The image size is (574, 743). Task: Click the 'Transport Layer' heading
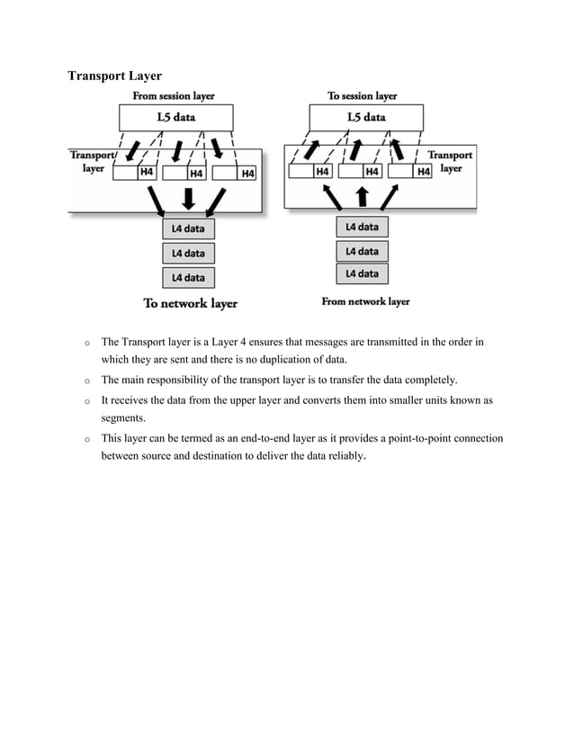(114, 76)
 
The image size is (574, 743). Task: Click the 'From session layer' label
(174, 95)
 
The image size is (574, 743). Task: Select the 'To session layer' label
(362, 95)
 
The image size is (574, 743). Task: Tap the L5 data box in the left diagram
(176, 117)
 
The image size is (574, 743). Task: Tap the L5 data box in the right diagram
(366, 117)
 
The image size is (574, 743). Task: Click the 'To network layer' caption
(191, 303)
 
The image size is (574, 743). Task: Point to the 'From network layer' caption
(365, 301)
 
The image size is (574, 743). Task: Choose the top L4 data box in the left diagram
(188, 229)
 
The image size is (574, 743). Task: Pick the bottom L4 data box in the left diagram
(188, 278)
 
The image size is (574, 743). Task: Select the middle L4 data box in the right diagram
(362, 251)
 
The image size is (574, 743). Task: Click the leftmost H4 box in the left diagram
(145, 174)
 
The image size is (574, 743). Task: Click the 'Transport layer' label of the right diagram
(450, 161)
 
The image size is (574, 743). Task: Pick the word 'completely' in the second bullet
(429, 380)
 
